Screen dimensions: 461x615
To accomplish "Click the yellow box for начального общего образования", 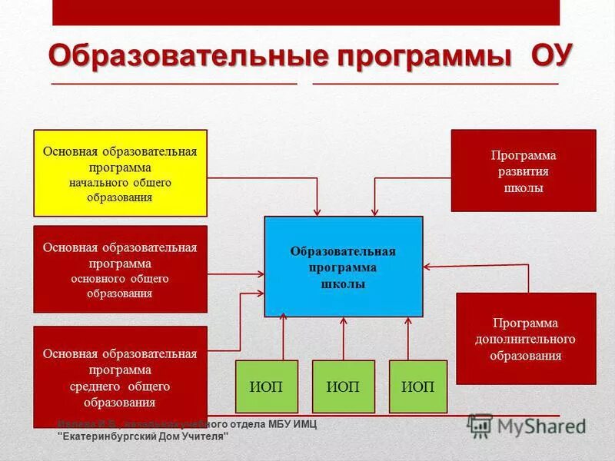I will point(120,173).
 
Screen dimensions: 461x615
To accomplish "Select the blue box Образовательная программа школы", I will point(343,267).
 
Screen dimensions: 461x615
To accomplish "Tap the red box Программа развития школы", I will point(523,171).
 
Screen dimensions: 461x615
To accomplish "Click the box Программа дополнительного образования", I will point(526,339).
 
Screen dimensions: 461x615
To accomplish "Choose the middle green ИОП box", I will point(343,386).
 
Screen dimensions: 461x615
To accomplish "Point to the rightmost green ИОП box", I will point(417,386).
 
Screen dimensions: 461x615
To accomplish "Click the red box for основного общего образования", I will point(120,269).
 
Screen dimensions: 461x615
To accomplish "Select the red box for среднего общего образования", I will point(120,376).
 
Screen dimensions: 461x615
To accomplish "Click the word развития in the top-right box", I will point(523,171).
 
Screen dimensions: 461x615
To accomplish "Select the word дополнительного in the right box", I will point(526,340).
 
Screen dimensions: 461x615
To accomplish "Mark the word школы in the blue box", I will point(343,284).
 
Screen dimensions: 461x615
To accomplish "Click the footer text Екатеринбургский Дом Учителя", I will point(144,436).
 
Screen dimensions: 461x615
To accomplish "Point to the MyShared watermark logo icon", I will point(481,425).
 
